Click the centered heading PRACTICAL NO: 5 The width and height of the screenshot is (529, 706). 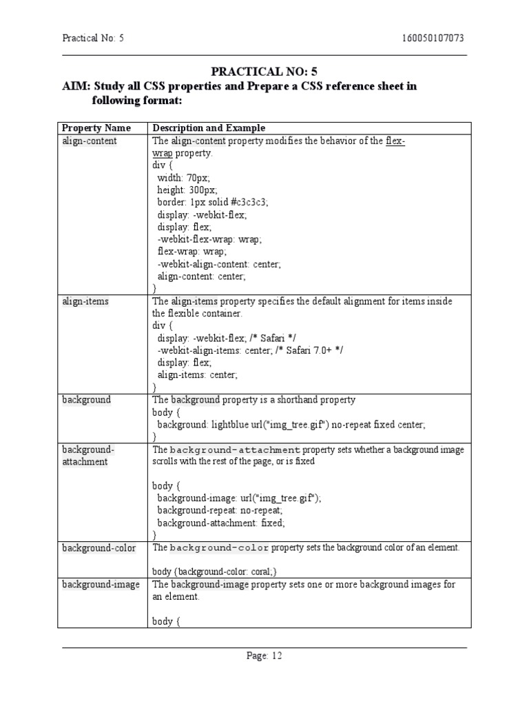264,72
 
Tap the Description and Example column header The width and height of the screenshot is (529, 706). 209,128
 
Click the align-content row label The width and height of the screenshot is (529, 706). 90,141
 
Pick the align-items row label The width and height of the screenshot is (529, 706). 85,301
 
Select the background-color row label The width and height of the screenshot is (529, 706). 99,548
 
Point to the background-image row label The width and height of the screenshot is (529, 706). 101,585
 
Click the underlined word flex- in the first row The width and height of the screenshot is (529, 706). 395,141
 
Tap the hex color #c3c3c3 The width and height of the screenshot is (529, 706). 247,202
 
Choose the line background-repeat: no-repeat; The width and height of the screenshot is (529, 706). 220,511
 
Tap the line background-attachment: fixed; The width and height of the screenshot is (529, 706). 221,523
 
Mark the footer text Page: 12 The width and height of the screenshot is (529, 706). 264,656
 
